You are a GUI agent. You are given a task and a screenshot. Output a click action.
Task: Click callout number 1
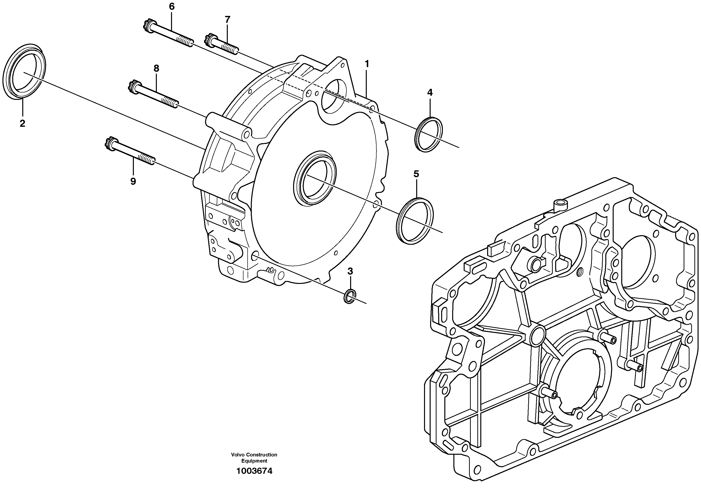tap(366, 64)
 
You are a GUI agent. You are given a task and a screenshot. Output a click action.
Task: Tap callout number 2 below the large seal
tap(22, 123)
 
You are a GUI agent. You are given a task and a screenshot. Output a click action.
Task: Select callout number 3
tap(350, 271)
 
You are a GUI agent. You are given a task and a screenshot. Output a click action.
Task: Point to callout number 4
tap(430, 92)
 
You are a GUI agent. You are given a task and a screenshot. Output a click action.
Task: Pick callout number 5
tap(416, 174)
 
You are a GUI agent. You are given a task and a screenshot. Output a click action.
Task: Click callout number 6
tap(172, 6)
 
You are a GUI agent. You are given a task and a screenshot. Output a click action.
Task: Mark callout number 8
tap(156, 68)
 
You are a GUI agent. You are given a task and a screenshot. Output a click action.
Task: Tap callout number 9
tap(133, 181)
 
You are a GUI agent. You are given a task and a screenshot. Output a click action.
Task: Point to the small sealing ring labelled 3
tap(350, 296)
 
